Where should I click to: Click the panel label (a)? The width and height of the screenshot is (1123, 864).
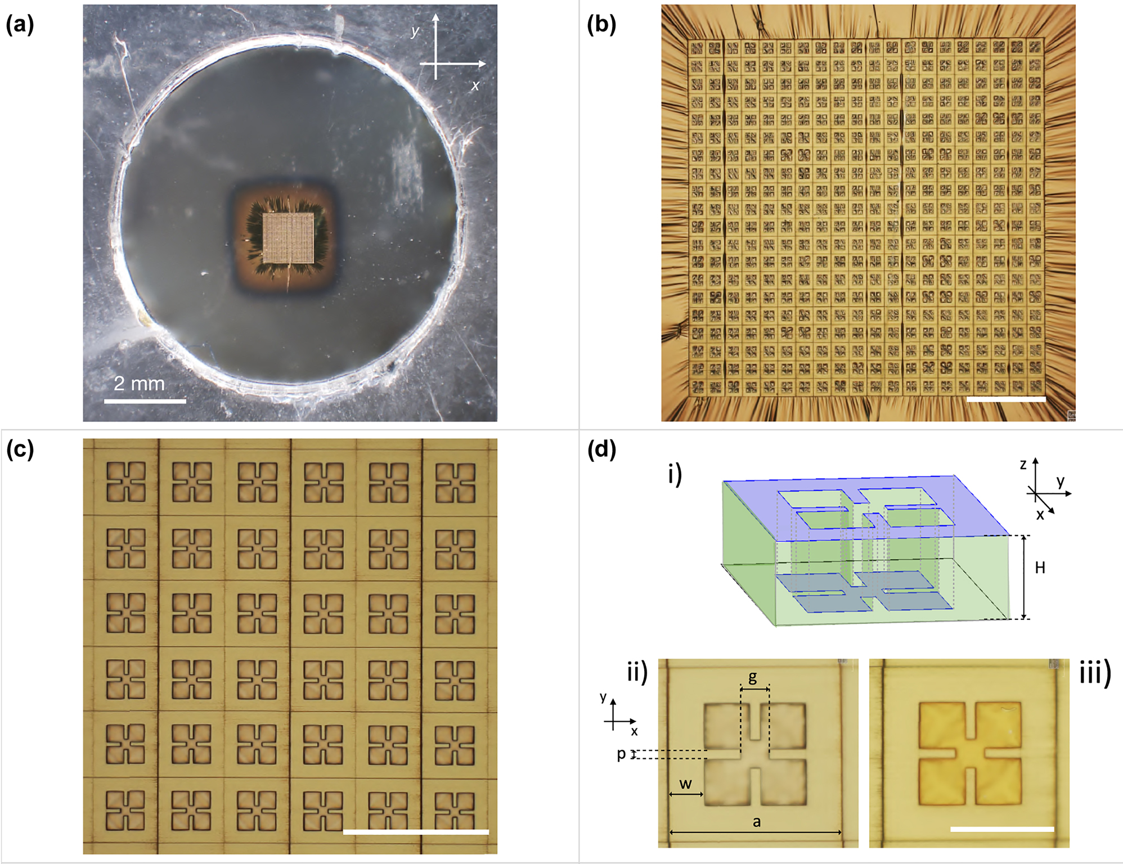(20, 25)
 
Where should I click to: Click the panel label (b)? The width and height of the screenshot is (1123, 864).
(601, 25)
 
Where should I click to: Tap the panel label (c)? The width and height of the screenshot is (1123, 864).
(20, 450)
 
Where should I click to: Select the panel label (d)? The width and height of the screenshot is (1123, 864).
(601, 450)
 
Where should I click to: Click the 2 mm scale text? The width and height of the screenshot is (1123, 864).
(139, 384)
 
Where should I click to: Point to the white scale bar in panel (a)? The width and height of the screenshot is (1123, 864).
(145, 401)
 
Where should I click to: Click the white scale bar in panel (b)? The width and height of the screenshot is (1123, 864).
(1006, 399)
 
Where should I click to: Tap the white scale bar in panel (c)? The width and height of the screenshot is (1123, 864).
(416, 831)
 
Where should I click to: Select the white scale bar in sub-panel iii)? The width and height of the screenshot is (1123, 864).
(1002, 829)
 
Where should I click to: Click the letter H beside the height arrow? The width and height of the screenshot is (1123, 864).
(1040, 568)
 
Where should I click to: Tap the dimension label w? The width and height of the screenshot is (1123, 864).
(685, 784)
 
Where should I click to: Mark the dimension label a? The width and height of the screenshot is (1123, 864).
(757, 822)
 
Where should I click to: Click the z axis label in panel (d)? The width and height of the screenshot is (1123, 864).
(1023, 464)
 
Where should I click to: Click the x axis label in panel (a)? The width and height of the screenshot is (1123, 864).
(475, 85)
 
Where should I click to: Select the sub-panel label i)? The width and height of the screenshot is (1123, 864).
(675, 474)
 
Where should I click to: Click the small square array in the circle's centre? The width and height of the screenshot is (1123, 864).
(288, 237)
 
